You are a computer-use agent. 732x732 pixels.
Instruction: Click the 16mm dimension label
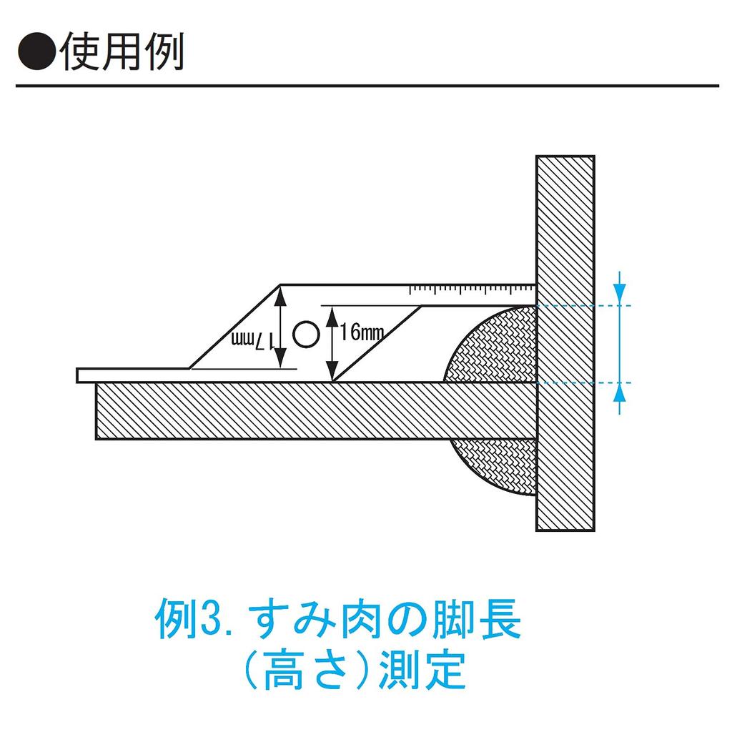click(x=362, y=333)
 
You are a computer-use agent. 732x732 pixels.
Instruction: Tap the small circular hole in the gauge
click(x=306, y=334)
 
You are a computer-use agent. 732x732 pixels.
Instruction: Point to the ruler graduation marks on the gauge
click(x=472, y=290)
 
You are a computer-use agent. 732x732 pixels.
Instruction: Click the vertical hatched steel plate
click(x=565, y=214)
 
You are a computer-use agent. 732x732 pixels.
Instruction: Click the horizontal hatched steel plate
click(x=286, y=411)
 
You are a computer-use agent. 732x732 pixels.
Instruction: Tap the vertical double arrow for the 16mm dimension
click(x=331, y=344)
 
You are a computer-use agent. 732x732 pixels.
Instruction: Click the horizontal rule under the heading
click(x=366, y=86)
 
